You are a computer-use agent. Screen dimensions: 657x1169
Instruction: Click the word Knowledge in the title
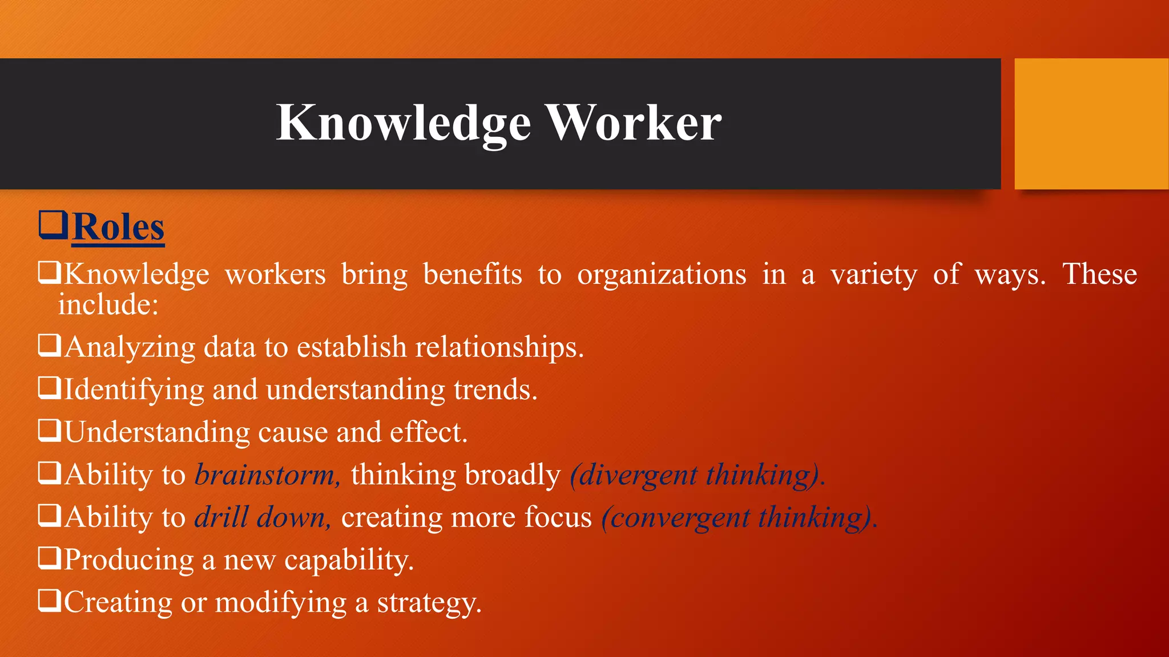pos(403,123)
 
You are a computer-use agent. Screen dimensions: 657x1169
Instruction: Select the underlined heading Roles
pos(119,228)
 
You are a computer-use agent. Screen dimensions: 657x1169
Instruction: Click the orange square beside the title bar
pos(1091,123)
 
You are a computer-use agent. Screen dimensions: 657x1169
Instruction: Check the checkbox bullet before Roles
pos(53,225)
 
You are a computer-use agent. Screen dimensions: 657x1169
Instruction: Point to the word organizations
pos(661,275)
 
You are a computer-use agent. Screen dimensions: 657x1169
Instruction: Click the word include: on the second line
pos(108,305)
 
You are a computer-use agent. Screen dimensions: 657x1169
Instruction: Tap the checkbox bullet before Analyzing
pos(49,345)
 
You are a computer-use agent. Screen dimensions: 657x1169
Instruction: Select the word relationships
pos(499,347)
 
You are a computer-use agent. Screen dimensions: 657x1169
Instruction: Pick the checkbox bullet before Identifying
pos(49,388)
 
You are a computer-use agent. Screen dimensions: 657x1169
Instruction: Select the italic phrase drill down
pos(262,517)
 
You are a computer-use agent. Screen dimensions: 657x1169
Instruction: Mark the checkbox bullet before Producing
pos(49,558)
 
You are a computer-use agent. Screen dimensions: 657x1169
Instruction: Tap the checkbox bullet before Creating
pos(49,601)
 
